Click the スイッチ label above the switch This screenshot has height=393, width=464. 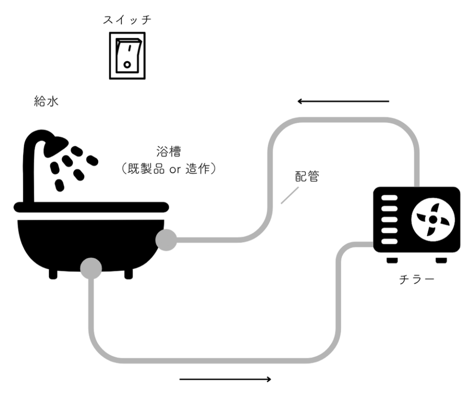[x=127, y=20]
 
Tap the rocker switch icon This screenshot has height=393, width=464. [x=127, y=56]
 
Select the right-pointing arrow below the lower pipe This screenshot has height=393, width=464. [x=226, y=379]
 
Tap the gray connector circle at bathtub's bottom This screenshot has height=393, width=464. [x=91, y=268]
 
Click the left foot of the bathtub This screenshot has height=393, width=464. [x=53, y=274]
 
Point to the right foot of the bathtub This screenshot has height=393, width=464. [x=128, y=274]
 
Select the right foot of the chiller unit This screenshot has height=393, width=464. [x=441, y=260]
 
